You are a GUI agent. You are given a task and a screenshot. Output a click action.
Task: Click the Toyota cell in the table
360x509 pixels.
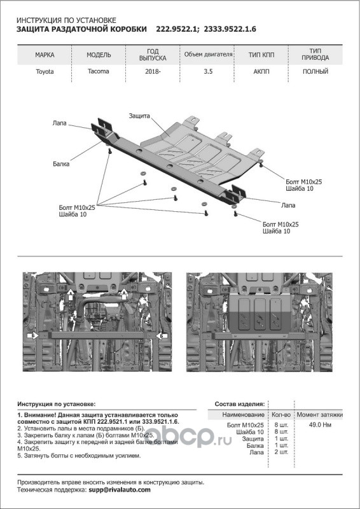click(45, 72)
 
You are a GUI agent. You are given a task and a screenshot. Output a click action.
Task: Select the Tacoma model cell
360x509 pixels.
click(98, 71)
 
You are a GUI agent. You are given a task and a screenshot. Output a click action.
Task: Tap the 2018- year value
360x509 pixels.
click(153, 72)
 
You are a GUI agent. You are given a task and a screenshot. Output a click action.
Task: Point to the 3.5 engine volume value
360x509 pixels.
click(208, 71)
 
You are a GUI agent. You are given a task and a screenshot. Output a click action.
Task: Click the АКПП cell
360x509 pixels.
click(261, 71)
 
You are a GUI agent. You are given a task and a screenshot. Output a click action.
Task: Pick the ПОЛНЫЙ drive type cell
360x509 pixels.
click(315, 71)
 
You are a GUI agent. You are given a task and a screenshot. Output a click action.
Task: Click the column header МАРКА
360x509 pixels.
click(45, 55)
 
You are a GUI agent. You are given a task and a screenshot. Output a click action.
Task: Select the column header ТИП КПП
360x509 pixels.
click(261, 55)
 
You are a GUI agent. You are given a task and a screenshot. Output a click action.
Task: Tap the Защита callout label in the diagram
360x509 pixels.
click(139, 116)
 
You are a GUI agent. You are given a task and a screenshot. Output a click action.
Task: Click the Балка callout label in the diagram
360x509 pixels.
click(61, 164)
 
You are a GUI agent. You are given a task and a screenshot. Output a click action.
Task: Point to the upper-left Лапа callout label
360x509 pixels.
click(59, 123)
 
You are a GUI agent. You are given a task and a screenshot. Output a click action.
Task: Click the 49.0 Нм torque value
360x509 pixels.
click(320, 425)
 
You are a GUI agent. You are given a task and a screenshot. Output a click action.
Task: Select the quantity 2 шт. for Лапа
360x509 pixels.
click(281, 452)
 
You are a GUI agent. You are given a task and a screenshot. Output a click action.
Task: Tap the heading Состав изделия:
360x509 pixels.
click(240, 404)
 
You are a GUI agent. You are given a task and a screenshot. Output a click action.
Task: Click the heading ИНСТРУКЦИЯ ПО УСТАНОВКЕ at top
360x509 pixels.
click(66, 21)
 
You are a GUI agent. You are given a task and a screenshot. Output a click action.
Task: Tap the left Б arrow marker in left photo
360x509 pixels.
click(34, 335)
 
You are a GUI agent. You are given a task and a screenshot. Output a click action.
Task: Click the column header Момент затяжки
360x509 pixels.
click(320, 415)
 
